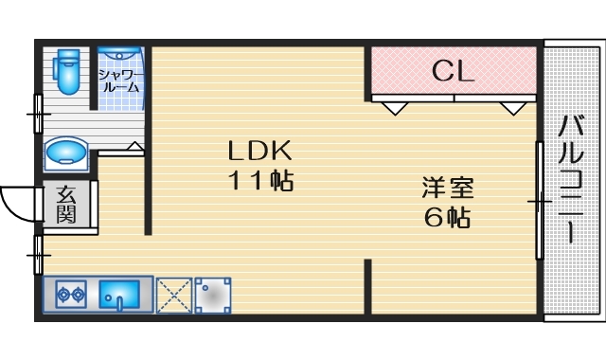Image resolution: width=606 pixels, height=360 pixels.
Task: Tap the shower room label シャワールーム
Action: coord(119,80)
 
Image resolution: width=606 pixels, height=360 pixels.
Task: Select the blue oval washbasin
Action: coord(67,153)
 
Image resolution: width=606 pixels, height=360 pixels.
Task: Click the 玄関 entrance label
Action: coord(65,204)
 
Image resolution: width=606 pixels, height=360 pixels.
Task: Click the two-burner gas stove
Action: coord(70,294)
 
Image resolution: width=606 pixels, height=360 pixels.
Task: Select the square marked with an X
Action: coord(173,294)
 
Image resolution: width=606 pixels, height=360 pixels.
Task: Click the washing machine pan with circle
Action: coord(212,294)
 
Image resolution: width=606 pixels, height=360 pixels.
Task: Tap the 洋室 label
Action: coord(447,188)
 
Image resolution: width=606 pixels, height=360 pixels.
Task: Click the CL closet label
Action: coord(453,70)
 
